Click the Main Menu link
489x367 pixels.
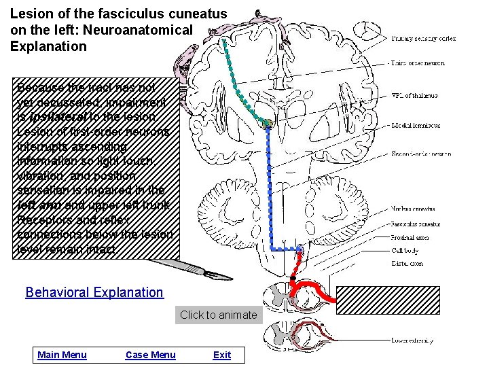click(62, 355)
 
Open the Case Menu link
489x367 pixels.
click(150, 355)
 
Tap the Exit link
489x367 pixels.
click(221, 355)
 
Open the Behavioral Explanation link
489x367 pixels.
click(94, 293)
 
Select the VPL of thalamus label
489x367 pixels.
click(414, 96)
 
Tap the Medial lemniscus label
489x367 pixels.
click(416, 126)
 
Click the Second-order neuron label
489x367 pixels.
click(421, 154)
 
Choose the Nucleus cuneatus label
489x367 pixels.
click(414, 209)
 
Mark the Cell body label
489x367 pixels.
click(405, 251)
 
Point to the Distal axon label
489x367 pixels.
click(407, 263)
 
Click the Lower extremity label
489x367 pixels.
click(412, 340)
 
